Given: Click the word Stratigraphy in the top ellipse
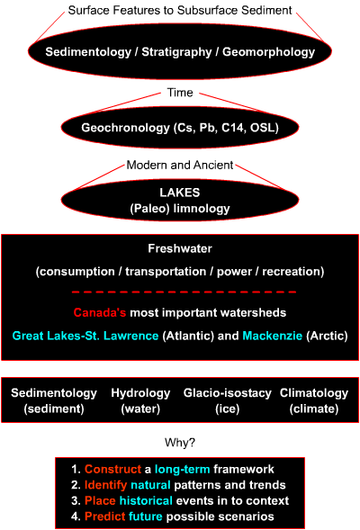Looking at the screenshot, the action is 176,52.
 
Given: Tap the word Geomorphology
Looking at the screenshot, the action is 268,52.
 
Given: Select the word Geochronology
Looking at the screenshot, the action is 125,128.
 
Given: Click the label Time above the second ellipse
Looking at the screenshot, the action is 180,93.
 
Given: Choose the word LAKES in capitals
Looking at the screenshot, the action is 180,193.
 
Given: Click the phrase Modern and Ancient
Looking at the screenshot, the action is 180,165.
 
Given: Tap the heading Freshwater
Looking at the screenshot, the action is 180,248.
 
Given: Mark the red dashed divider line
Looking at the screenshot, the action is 184,292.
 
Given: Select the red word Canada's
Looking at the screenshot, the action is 100,312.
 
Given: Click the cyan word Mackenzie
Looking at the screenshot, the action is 272,336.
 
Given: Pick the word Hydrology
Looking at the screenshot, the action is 140,393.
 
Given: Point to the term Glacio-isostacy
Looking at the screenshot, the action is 227,393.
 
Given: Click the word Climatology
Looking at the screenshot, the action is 314,393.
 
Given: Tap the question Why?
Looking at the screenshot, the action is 180,443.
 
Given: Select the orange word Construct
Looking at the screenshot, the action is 112,469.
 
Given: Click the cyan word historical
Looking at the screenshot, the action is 146,500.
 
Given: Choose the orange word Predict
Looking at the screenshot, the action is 104,517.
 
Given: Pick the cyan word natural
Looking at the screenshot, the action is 150,485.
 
